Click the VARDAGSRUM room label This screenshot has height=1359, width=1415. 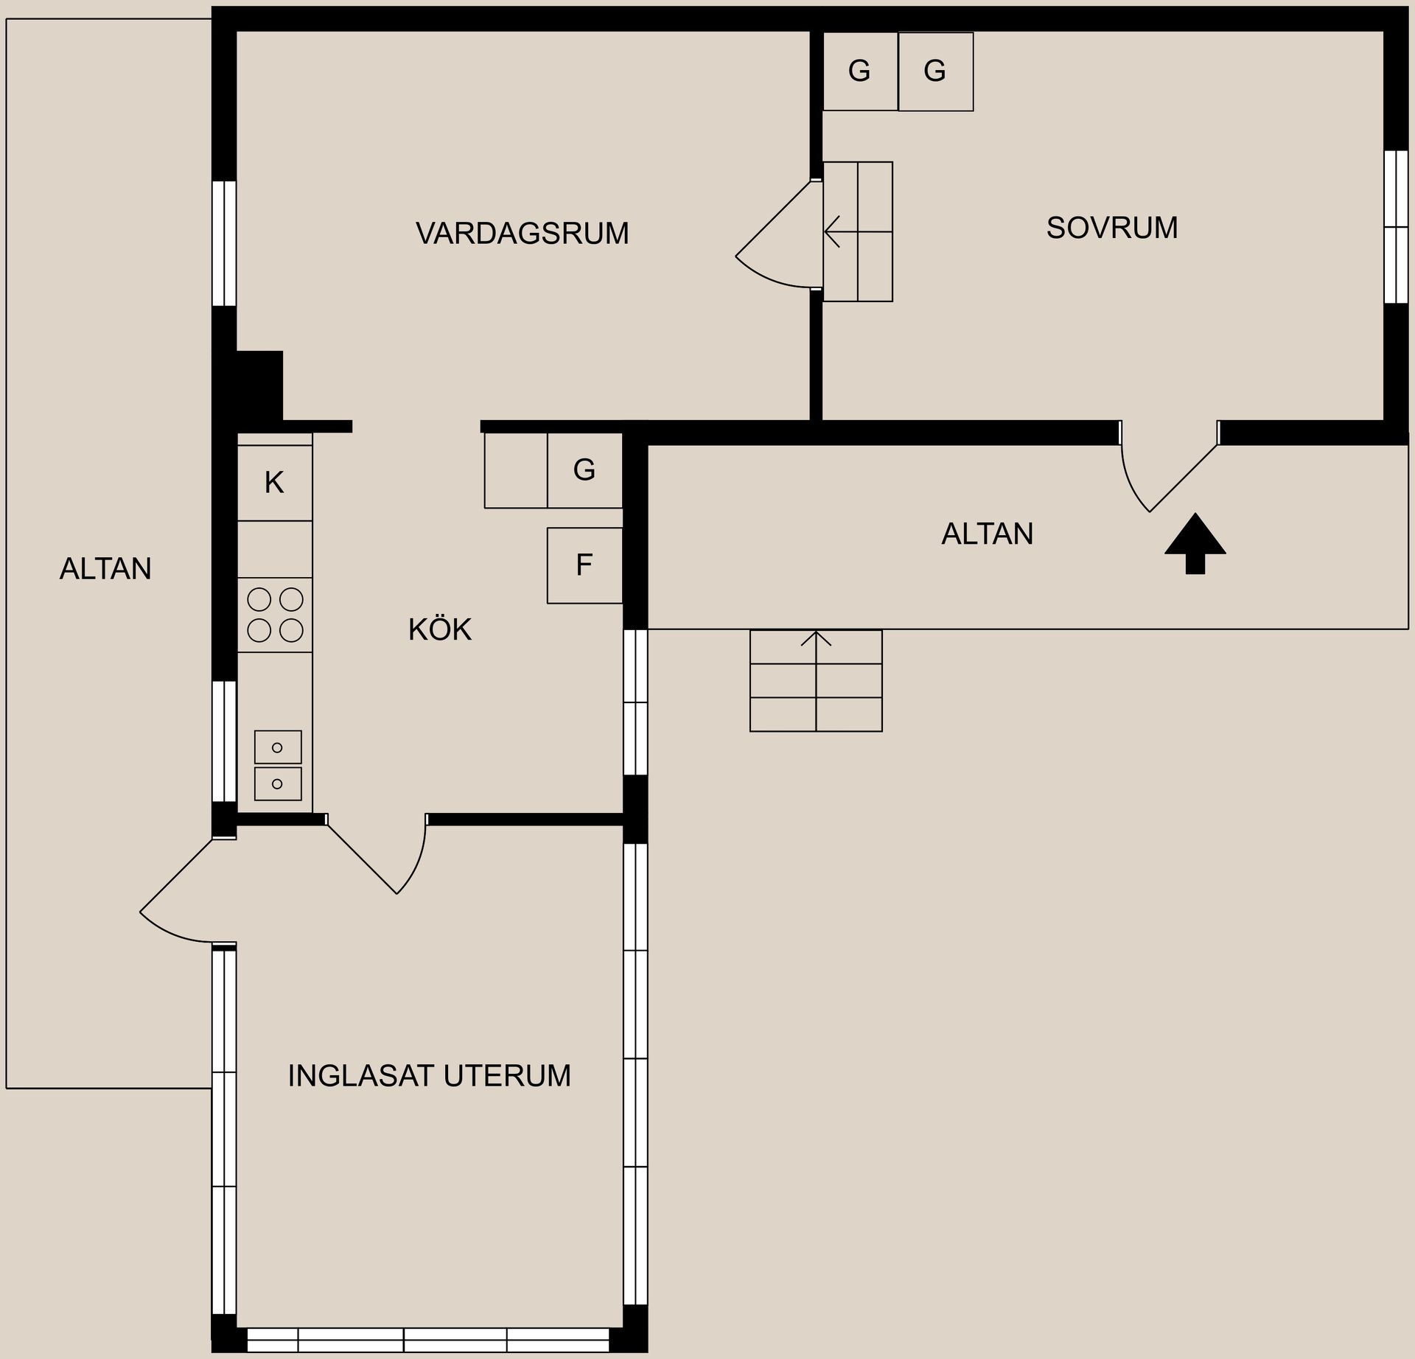click(x=522, y=234)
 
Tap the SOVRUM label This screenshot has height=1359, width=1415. click(x=1112, y=228)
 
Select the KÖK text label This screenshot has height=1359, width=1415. click(x=440, y=629)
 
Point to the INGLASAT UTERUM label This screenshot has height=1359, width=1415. click(x=429, y=1076)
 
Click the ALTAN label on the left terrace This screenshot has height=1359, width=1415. click(x=105, y=569)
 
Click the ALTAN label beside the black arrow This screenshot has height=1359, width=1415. click(x=988, y=534)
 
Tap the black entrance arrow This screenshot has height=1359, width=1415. click(x=1195, y=543)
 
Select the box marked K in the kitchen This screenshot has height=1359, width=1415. click(x=275, y=483)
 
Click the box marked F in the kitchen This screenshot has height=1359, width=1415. click(x=584, y=565)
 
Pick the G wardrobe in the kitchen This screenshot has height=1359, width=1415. click(x=585, y=470)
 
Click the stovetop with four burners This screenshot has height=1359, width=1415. click(x=275, y=615)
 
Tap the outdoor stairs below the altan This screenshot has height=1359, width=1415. click(x=816, y=680)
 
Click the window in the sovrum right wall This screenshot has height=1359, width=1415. click(x=1396, y=227)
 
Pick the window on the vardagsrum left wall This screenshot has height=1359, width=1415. click(x=224, y=243)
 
